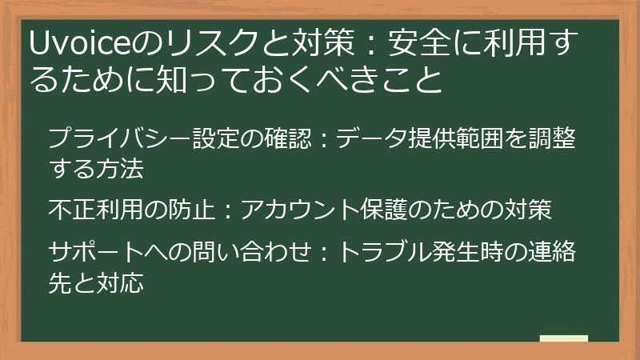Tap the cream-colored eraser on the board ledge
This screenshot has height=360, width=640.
tap(563, 338)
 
